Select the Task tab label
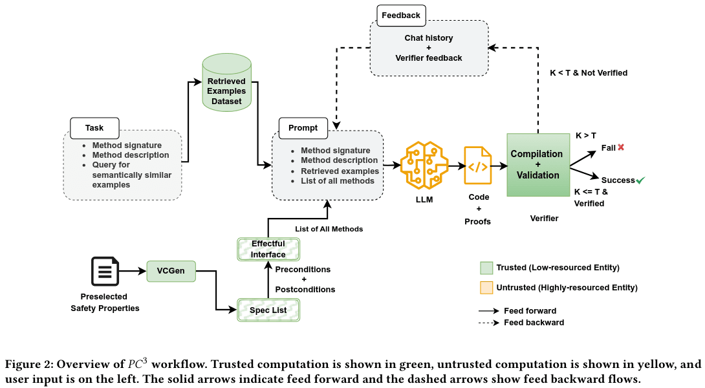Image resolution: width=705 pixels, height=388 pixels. tap(94, 127)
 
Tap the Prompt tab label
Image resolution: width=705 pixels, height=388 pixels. tap(303, 127)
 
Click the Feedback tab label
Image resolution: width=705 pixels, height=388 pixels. tap(400, 15)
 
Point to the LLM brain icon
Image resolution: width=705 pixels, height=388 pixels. tap(424, 166)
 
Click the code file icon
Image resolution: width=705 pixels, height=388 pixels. tap(477, 166)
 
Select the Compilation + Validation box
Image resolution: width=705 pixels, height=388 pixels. tap(537, 164)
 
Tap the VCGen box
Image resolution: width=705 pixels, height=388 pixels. tap(171, 271)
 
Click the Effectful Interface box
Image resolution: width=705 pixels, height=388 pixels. tap(268, 249)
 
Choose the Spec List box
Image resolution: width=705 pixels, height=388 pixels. tap(268, 310)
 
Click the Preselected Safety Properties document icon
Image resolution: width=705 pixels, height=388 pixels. tap(105, 272)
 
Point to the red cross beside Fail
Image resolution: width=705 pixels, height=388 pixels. tap(621, 147)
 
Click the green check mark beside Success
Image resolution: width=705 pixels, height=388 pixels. tap(640, 180)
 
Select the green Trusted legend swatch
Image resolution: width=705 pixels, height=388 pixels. tap(486, 268)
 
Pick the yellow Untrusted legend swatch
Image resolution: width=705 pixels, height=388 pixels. tap(486, 287)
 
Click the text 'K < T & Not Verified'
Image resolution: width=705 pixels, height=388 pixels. tap(589, 73)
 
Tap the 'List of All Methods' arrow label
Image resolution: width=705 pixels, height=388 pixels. tap(329, 229)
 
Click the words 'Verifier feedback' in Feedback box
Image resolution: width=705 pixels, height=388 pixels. tap(429, 58)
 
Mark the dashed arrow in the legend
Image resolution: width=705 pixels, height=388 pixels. tap(488, 322)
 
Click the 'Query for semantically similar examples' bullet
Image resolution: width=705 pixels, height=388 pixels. tap(127, 175)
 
